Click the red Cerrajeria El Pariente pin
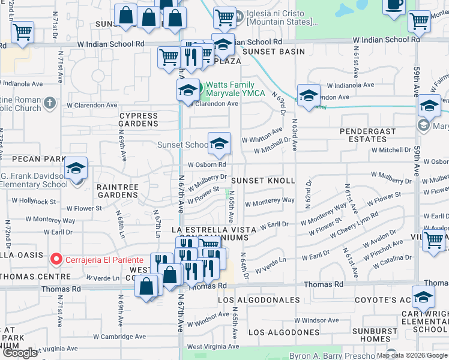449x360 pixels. click(x=56, y=259)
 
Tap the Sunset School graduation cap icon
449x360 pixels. click(x=219, y=143)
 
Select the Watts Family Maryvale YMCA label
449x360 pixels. click(x=231, y=89)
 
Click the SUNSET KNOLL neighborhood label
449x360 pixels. click(x=263, y=181)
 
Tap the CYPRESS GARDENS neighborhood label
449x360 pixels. click(x=139, y=120)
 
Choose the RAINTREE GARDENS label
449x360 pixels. click(x=118, y=191)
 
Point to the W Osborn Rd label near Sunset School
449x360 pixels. click(x=206, y=164)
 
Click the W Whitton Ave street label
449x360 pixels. click(x=262, y=135)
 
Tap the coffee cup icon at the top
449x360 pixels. click(x=395, y=4)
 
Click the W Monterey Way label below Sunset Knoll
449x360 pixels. click(x=271, y=201)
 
